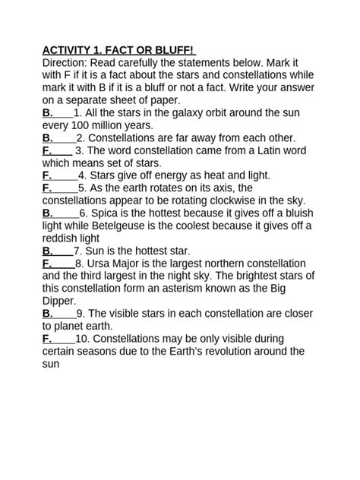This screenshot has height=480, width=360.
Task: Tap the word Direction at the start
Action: (x=66, y=63)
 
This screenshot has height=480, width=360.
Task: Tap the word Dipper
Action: (x=59, y=300)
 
